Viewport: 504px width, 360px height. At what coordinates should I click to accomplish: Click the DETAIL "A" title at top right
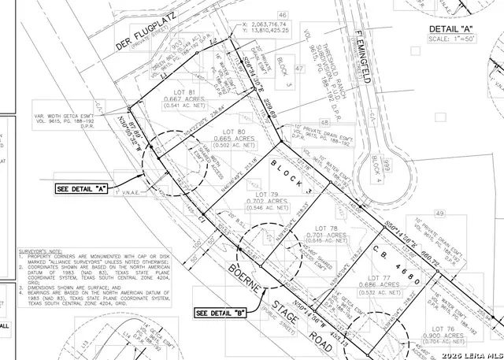point(464,28)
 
